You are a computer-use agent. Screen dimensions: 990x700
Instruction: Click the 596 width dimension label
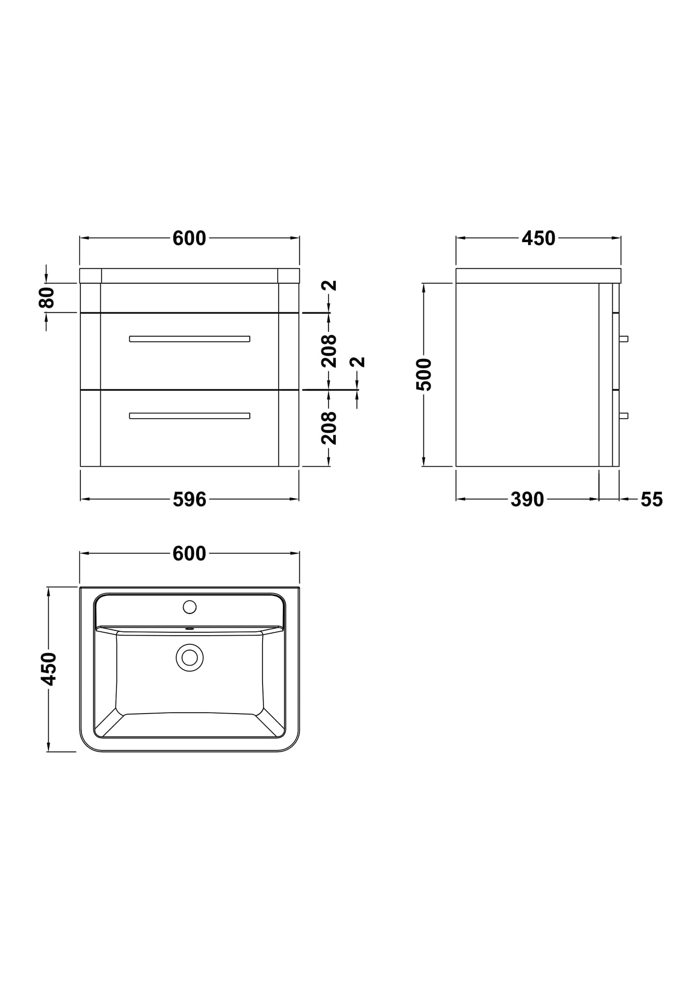189,500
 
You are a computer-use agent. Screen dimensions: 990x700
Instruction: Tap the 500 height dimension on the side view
424,374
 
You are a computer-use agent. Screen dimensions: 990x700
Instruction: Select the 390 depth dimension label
527,500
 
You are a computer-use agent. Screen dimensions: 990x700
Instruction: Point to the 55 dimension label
651,500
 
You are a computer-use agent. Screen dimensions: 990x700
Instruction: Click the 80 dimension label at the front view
47,297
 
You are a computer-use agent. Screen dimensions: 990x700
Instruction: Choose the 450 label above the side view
538,238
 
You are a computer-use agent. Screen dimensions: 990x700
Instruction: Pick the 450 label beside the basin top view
48,669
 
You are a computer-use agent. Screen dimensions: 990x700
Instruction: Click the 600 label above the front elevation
189,238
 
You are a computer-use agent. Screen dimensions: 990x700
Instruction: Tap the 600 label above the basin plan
189,553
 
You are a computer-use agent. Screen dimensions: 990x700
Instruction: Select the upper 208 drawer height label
329,350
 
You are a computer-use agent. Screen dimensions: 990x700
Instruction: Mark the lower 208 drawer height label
329,428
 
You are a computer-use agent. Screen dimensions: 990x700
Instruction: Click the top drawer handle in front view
189,339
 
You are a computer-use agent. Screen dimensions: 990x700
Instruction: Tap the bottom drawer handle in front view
189,416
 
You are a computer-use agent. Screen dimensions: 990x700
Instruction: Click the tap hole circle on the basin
189,607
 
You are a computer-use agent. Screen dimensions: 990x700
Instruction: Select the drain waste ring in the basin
189,657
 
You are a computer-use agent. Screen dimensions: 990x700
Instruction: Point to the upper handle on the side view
623,338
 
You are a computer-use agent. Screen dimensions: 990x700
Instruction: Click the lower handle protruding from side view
623,415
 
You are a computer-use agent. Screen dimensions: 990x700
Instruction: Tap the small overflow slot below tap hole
189,629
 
